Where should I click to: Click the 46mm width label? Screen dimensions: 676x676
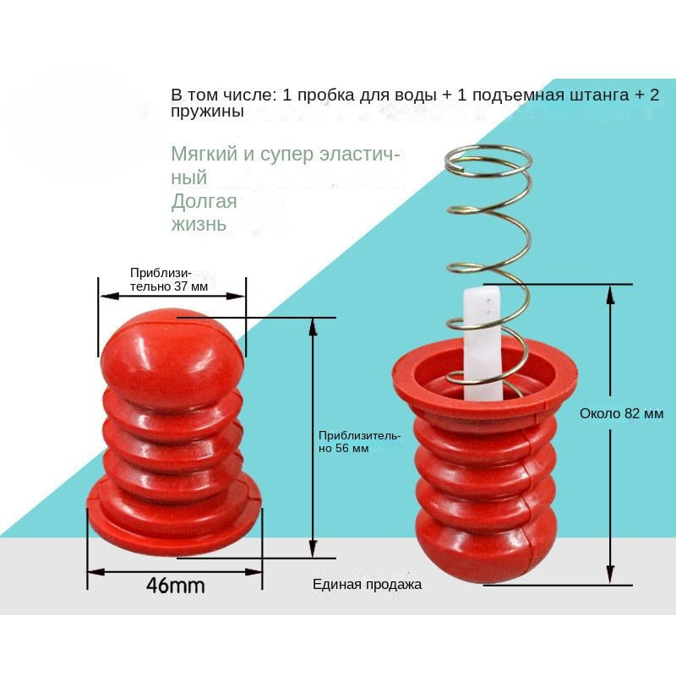(x=176, y=586)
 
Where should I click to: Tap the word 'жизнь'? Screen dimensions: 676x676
(x=199, y=225)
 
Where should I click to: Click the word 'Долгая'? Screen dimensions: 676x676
(x=204, y=202)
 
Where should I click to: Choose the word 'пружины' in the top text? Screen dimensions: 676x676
(x=207, y=112)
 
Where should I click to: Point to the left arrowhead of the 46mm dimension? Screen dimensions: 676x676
(x=93, y=572)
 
